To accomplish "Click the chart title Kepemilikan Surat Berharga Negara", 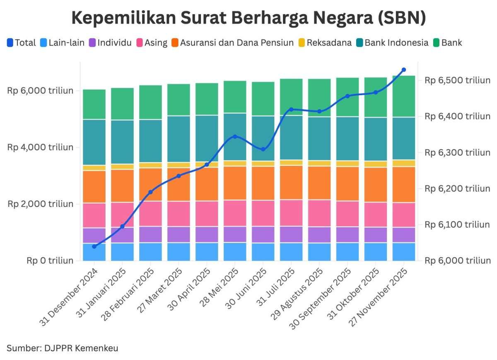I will [248, 19].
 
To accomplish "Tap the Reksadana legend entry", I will [329, 43].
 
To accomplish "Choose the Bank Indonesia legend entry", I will [396, 43].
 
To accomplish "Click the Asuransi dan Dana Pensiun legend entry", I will [236, 43].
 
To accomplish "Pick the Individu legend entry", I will [114, 43].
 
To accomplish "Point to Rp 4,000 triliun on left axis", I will [40, 147].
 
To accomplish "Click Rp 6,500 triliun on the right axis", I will [458, 80].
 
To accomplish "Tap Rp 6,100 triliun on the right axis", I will [458, 225].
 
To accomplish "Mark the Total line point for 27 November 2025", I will [404, 70].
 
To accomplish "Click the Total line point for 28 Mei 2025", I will [235, 137].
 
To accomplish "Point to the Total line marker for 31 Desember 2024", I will [94, 247].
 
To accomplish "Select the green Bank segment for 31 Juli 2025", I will [291, 97].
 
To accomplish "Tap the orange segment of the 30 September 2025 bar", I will [347, 184].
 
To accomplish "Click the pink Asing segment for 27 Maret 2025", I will [179, 214].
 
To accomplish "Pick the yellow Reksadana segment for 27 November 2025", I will [404, 163].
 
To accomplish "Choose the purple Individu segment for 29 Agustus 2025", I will [319, 235].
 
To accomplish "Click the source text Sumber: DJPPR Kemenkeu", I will [63, 348].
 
